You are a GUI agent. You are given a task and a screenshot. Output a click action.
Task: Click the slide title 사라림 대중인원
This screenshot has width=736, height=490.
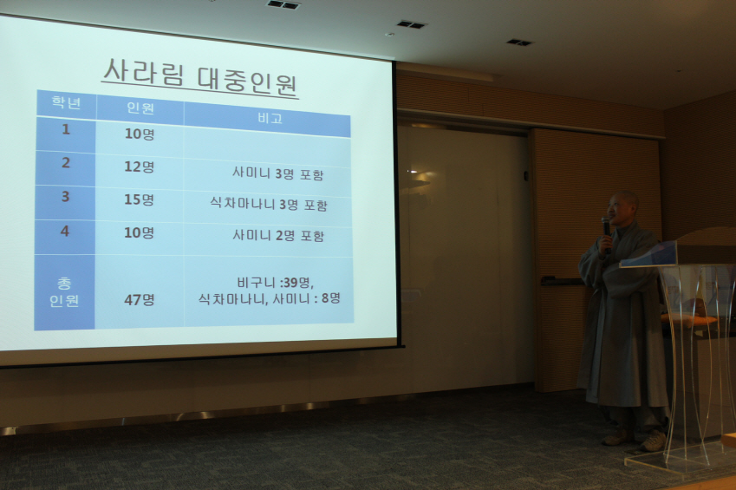(x=200, y=78)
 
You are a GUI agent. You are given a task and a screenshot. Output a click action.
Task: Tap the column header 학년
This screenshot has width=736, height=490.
(x=66, y=103)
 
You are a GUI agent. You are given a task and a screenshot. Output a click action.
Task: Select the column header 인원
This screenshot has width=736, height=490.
(x=140, y=108)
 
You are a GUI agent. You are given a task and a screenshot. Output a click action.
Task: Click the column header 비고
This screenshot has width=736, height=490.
(x=270, y=118)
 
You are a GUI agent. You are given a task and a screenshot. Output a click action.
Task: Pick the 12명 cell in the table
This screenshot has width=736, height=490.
(x=139, y=167)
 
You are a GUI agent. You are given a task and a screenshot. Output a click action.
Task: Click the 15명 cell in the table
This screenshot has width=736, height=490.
(x=139, y=199)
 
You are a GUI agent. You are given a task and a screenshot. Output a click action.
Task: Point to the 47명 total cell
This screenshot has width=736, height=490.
(x=139, y=300)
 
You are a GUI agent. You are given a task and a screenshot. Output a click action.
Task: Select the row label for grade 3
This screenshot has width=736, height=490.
(x=65, y=196)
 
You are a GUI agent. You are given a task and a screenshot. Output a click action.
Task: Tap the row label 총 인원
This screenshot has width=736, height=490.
(x=64, y=291)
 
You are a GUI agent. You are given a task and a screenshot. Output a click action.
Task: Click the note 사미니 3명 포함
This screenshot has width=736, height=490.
(x=278, y=173)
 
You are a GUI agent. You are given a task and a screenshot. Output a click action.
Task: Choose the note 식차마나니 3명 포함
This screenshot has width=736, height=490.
(x=269, y=205)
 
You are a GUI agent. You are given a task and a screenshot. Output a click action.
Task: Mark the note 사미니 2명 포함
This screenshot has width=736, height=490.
(x=278, y=235)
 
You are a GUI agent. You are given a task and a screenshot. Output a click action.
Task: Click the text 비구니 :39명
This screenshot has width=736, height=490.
(x=275, y=283)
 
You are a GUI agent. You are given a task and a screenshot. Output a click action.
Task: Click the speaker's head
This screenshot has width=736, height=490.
(x=623, y=208)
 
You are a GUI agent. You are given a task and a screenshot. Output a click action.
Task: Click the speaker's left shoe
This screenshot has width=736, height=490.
(x=654, y=441)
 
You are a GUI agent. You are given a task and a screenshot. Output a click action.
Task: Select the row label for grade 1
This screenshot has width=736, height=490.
(x=66, y=129)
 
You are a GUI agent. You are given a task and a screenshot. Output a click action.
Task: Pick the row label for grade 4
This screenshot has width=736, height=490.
(x=65, y=231)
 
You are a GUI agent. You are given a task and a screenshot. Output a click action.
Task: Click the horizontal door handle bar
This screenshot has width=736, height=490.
(x=562, y=281)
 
